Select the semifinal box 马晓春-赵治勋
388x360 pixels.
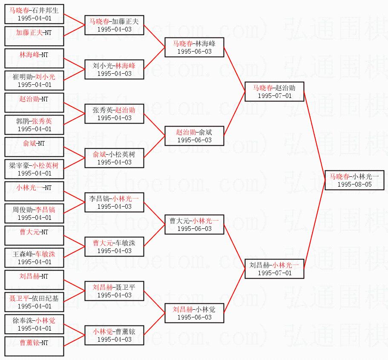(274, 92)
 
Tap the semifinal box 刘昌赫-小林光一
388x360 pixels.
(274, 269)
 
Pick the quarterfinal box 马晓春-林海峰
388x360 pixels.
(194, 47)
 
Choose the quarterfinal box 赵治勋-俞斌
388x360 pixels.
(194, 136)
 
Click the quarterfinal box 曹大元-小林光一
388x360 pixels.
(194, 225)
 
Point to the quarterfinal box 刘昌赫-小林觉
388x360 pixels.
(194, 313)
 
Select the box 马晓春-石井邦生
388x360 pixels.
(34, 14)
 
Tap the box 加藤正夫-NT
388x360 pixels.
(34, 36)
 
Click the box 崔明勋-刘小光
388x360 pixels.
(34, 81)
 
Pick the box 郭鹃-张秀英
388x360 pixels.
(34, 125)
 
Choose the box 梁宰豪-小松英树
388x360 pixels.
(34, 169)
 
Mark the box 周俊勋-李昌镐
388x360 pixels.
(34, 213)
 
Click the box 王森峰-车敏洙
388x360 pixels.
(34, 258)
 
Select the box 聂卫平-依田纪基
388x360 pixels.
(34, 302)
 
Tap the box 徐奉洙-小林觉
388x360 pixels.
(34, 324)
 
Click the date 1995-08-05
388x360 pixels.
(354, 184)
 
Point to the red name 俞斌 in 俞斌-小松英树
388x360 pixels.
(99, 154)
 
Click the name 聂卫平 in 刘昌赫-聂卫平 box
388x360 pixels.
(126, 287)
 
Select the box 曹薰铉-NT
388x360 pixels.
(34, 346)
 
